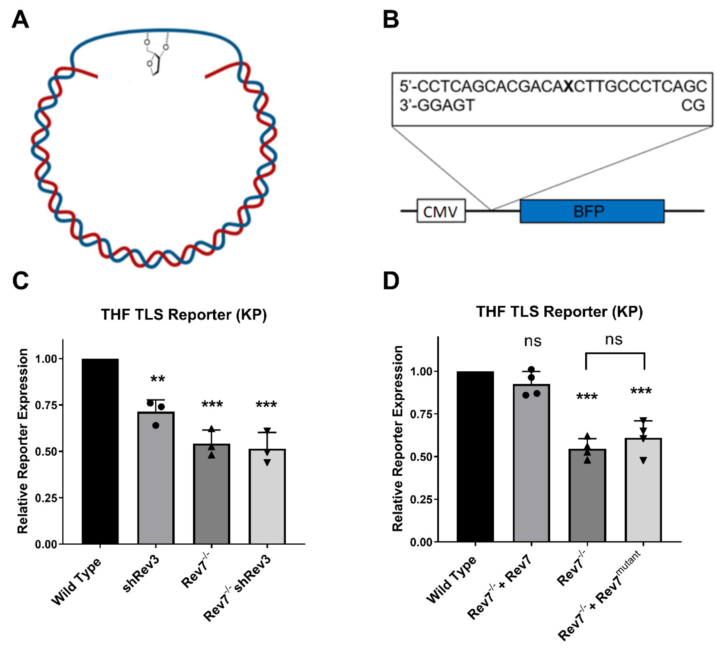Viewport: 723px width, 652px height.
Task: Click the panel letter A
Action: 20,20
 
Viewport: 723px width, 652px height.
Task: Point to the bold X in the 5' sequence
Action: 568,86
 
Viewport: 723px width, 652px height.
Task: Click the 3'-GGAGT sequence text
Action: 437,105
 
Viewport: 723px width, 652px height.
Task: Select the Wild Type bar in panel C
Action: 100,451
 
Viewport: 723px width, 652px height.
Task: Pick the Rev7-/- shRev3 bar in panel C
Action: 267,496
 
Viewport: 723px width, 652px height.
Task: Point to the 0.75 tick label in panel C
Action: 46,405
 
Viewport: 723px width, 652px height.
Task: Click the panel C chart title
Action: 184,315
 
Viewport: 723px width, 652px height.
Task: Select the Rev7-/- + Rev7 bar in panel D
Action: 531,462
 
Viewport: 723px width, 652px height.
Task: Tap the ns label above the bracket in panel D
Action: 614,339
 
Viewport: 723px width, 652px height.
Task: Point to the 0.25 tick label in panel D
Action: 421,499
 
